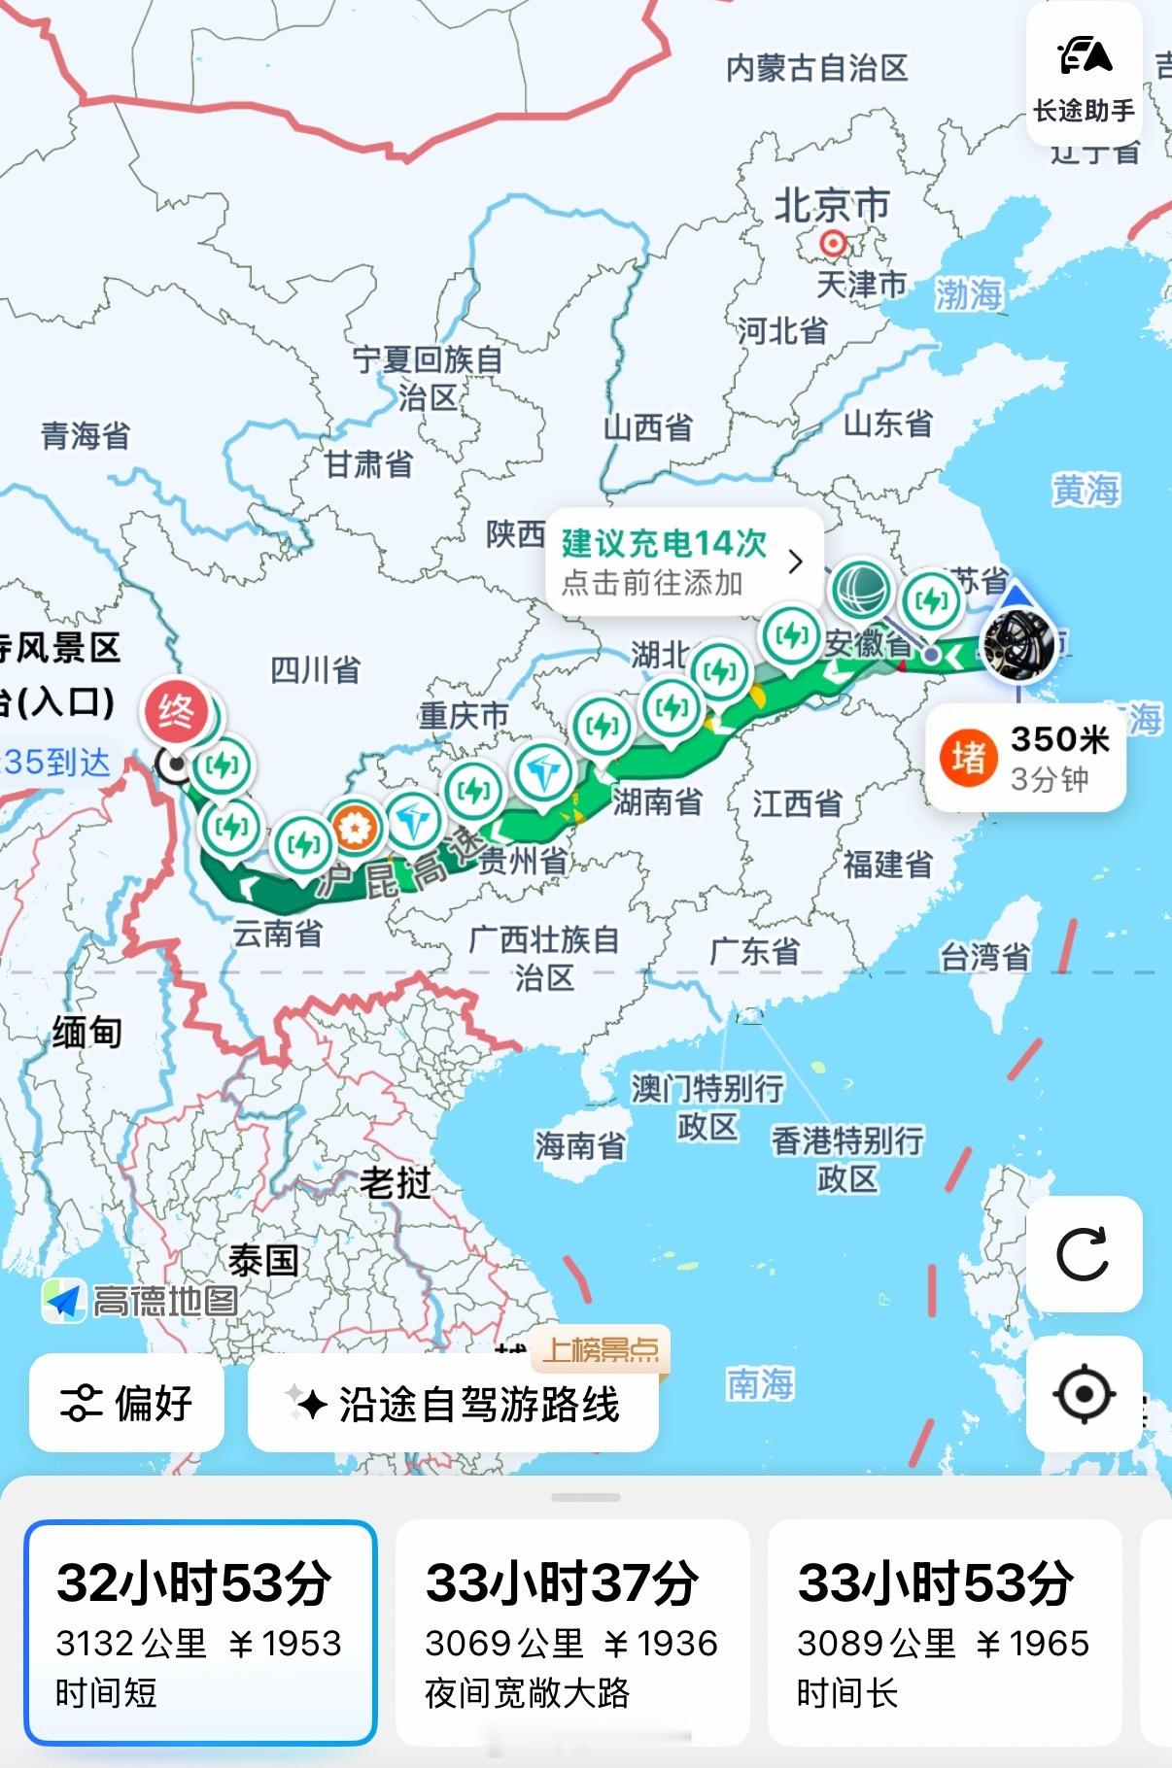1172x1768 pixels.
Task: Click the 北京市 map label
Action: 831,206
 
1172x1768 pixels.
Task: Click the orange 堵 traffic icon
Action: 968,758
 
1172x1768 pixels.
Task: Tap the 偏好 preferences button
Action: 127,1404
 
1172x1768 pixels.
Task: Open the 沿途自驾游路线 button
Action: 454,1404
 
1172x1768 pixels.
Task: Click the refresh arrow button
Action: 1083,1254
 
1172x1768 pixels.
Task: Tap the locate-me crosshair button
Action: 1083,1394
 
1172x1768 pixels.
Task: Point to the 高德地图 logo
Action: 142,1300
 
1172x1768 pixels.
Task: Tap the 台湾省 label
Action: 984,957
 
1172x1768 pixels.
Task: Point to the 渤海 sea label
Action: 968,294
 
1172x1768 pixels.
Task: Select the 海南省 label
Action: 579,1146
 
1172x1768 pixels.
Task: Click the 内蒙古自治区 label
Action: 816,68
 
